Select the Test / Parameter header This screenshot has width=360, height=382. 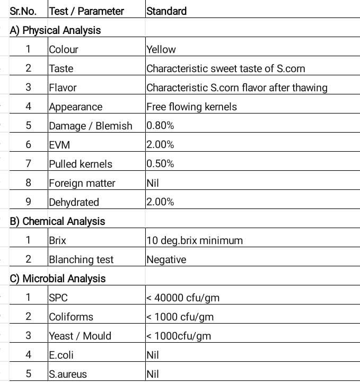[86, 11]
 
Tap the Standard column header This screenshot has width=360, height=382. [166, 11]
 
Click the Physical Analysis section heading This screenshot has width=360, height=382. [55, 30]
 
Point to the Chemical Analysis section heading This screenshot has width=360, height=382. [57, 221]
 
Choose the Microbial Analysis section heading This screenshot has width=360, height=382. [58, 279]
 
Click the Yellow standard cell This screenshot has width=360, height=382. [161, 49]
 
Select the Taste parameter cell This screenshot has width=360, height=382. [61, 68]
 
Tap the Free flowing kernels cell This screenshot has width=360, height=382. [191, 107]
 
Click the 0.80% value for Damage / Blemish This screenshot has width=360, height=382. [160, 126]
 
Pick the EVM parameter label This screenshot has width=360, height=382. [59, 145]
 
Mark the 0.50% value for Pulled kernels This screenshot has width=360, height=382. [160, 164]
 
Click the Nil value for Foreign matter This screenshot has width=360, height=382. [153, 183]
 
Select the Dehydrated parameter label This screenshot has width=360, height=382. [74, 202]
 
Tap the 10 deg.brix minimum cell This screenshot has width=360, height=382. [195, 240]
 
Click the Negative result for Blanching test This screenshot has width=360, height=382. [166, 259]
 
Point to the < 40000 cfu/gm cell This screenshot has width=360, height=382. [183, 298]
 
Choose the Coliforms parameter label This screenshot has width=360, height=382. [71, 317]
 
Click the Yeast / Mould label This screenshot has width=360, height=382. [80, 336]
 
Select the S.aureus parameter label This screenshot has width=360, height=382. [68, 374]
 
